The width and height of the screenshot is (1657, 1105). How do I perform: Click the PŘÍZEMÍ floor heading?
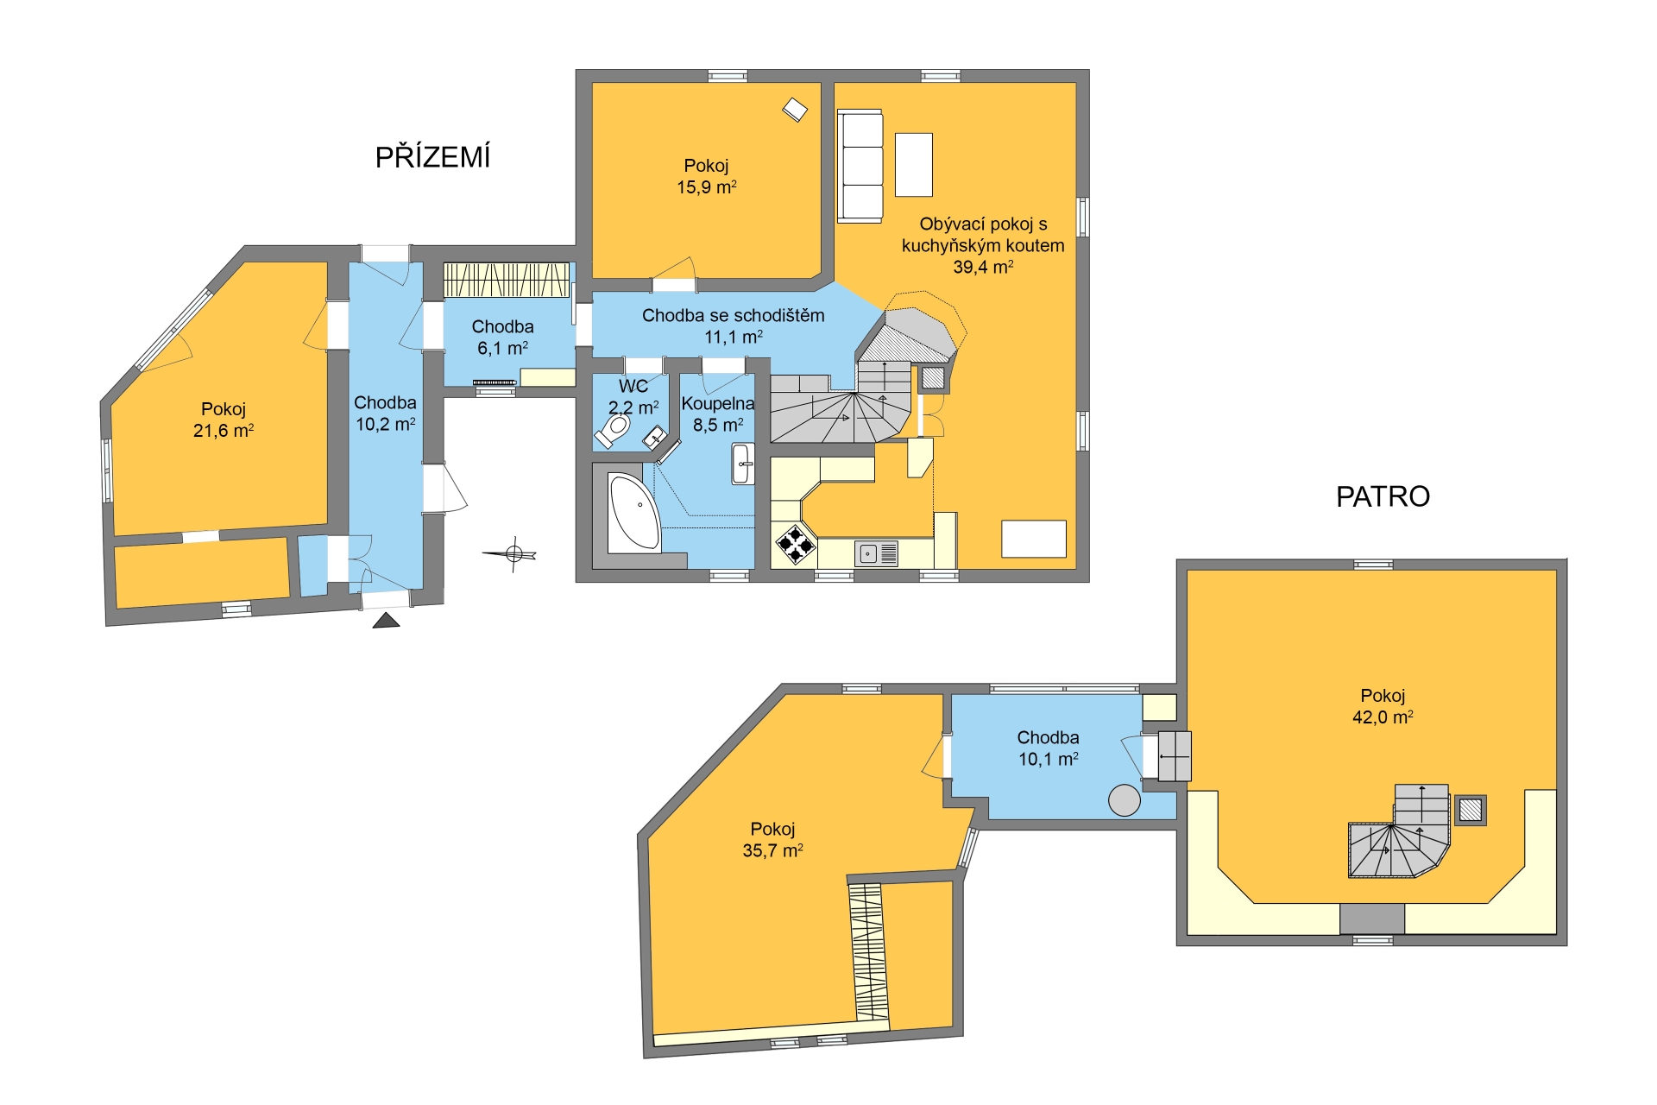click(x=432, y=156)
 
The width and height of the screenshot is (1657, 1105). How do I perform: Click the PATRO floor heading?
click(x=1383, y=496)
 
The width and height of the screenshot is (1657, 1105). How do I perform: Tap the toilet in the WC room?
click(x=614, y=429)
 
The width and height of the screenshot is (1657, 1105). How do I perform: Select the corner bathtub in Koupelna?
click(x=634, y=512)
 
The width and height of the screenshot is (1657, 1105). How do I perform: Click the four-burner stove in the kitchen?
click(x=796, y=545)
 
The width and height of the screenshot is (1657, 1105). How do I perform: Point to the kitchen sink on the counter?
click(x=876, y=552)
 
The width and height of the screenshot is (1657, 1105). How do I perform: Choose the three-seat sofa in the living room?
click(x=860, y=166)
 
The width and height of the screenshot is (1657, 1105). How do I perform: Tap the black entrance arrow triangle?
click(x=386, y=620)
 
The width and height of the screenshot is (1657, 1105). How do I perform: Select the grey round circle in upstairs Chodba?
click(x=1124, y=799)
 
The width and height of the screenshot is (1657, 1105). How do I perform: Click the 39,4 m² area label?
click(x=983, y=267)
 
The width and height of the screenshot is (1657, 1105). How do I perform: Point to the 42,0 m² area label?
click(x=1383, y=717)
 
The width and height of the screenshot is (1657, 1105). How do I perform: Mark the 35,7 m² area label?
click(x=772, y=850)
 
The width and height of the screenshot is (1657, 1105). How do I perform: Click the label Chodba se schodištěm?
click(x=733, y=315)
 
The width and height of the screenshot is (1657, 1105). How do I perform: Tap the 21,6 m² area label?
click(x=223, y=430)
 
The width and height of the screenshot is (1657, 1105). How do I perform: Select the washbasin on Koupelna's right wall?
click(x=742, y=464)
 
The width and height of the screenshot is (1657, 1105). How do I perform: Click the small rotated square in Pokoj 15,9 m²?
click(x=795, y=110)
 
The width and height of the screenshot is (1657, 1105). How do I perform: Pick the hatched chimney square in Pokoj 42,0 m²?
click(x=1470, y=810)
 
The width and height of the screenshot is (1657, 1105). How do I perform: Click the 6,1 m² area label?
click(x=502, y=348)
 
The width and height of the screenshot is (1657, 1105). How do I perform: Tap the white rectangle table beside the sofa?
click(x=914, y=165)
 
